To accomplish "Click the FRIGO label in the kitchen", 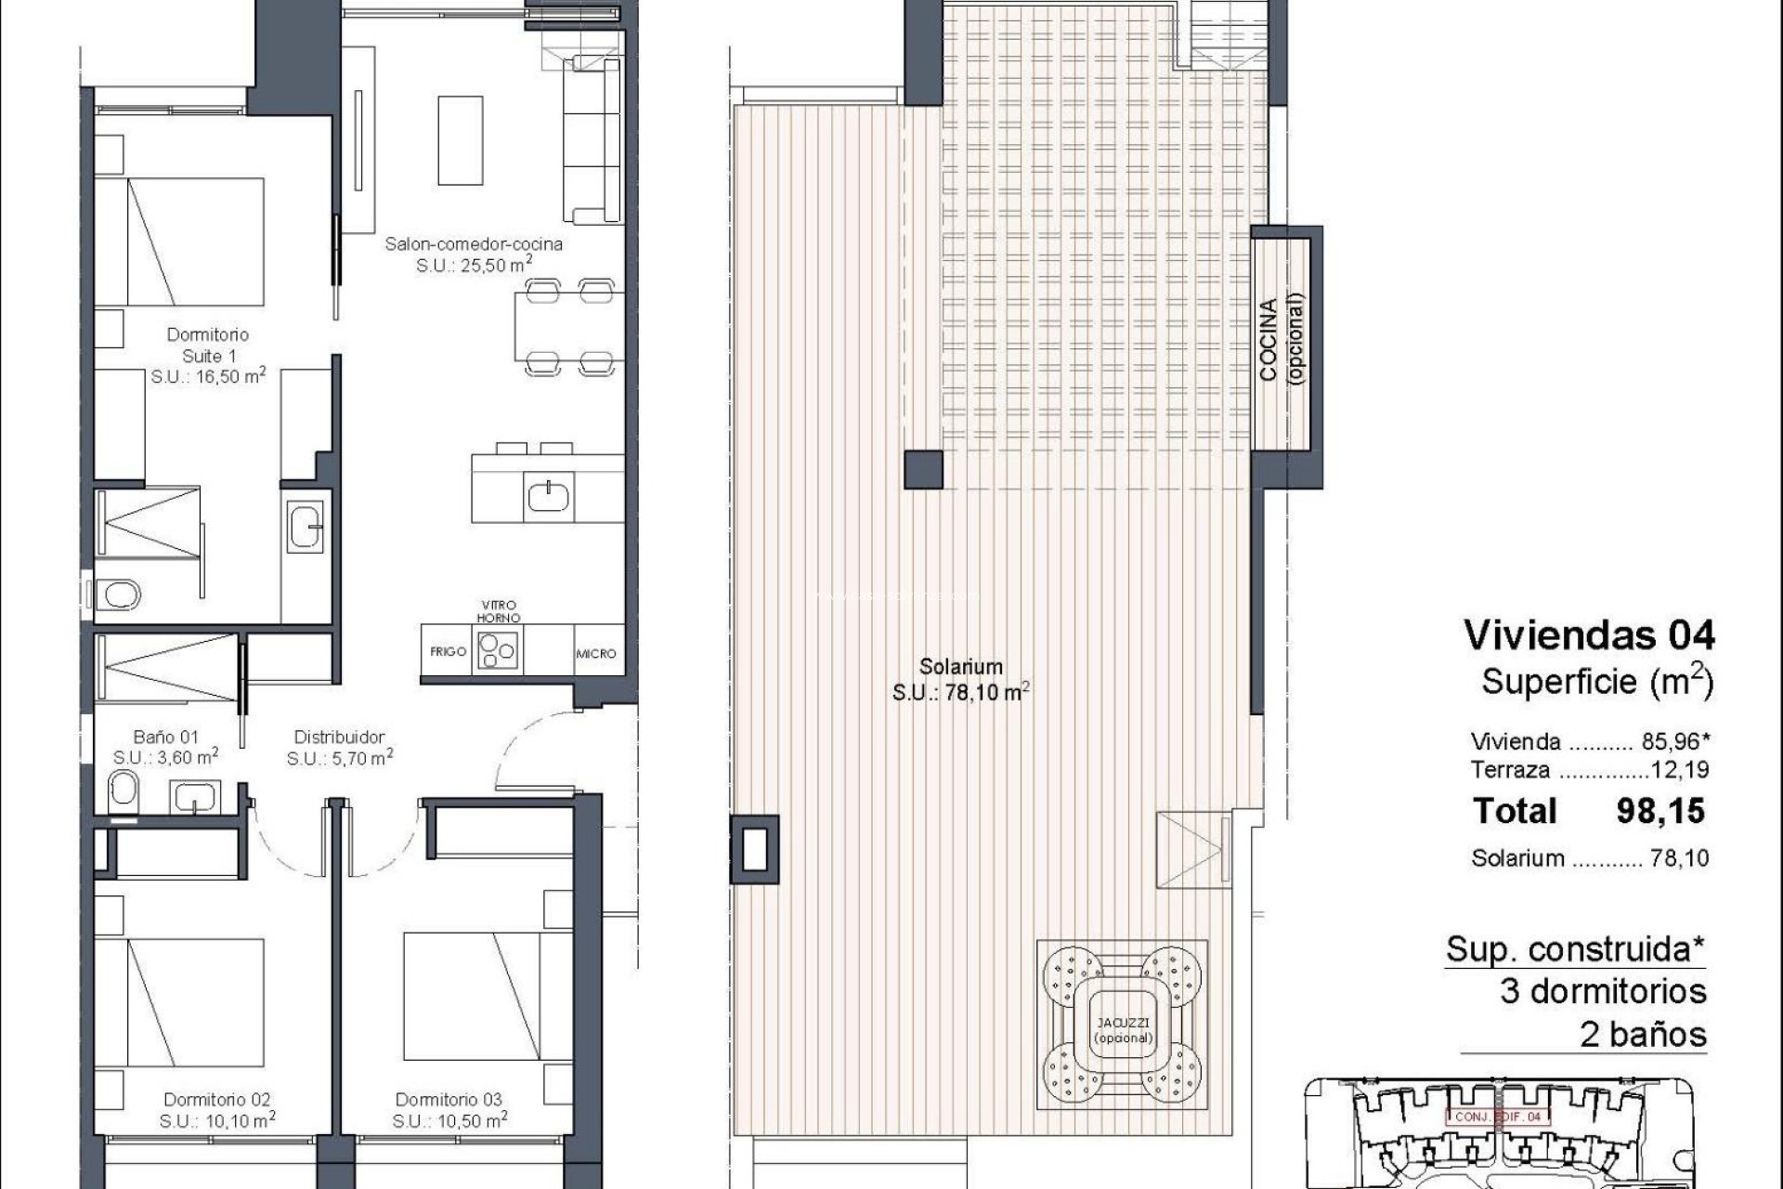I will point(448,651).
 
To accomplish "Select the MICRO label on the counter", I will point(595,654).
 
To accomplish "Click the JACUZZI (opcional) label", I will point(1123,1030).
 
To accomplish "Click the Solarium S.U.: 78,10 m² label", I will point(961,679).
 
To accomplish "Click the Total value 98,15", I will point(1660,811).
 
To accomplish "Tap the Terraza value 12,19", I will point(1679,769).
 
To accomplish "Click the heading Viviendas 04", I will point(1589,635).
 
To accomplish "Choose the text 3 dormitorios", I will point(1603,991).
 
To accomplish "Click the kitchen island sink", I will point(551,497).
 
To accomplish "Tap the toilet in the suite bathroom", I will point(118,593).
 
